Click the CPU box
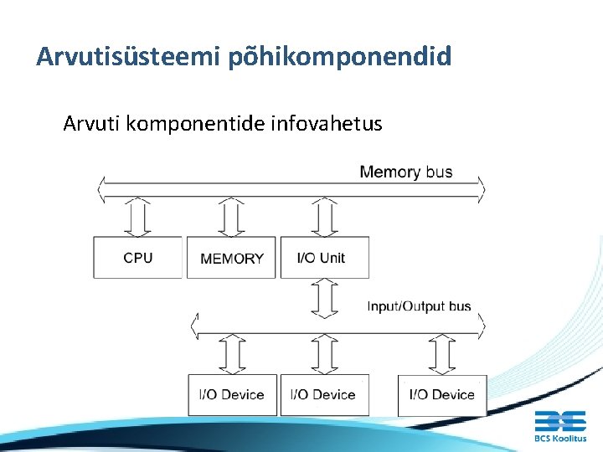[137, 258]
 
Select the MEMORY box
[231, 258]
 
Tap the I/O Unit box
[324, 258]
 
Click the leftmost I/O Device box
[231, 394]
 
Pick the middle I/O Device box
[323, 394]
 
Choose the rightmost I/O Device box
[441, 394]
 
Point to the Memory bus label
[405, 172]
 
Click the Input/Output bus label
[419, 306]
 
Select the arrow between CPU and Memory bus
[138, 218]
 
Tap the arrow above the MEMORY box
[230, 218]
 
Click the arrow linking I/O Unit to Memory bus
[324, 218]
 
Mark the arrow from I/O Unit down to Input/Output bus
[324, 297]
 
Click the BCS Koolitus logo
[560, 425]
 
